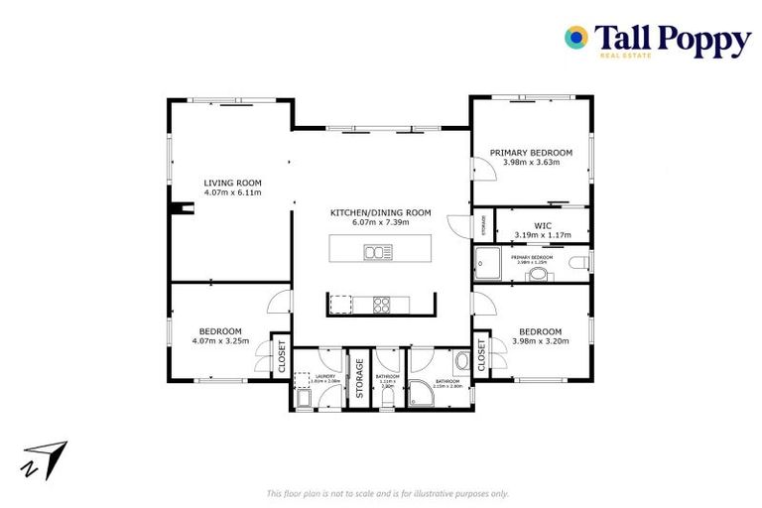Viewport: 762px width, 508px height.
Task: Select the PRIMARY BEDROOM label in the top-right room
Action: click(x=531, y=152)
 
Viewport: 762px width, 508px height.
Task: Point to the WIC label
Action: click(x=542, y=225)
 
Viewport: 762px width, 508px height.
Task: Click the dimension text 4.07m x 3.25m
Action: click(x=220, y=342)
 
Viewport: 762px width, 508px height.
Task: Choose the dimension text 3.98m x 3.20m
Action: click(x=540, y=342)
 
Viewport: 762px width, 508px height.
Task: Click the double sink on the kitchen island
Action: click(x=377, y=252)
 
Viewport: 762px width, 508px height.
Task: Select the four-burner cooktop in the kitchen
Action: click(x=382, y=305)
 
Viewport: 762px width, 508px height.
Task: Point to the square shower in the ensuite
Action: click(x=488, y=263)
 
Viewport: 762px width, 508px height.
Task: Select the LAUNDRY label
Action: click(x=326, y=377)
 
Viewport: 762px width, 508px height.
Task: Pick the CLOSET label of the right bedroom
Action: click(x=482, y=354)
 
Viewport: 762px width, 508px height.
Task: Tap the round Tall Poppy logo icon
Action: click(x=575, y=38)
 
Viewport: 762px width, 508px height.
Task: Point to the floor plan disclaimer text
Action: click(x=388, y=493)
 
